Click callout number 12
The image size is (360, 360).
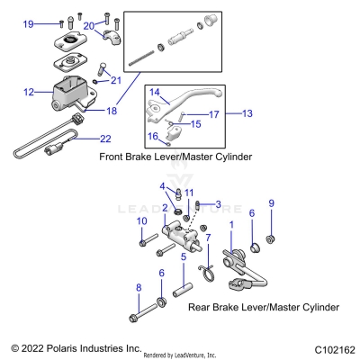pos(29,91)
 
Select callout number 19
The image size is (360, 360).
pos(29,23)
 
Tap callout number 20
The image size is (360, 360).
pos(89,26)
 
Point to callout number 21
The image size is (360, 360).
pos(114,81)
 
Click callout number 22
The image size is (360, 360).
pos(80,138)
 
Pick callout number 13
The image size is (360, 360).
pos(248,114)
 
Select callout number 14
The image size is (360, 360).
pos(154,92)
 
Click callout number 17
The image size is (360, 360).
pos(214,114)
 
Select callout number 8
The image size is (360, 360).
pos(139,287)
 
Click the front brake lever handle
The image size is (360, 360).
pos(202,99)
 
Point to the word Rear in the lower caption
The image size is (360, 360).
pos(201,307)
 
